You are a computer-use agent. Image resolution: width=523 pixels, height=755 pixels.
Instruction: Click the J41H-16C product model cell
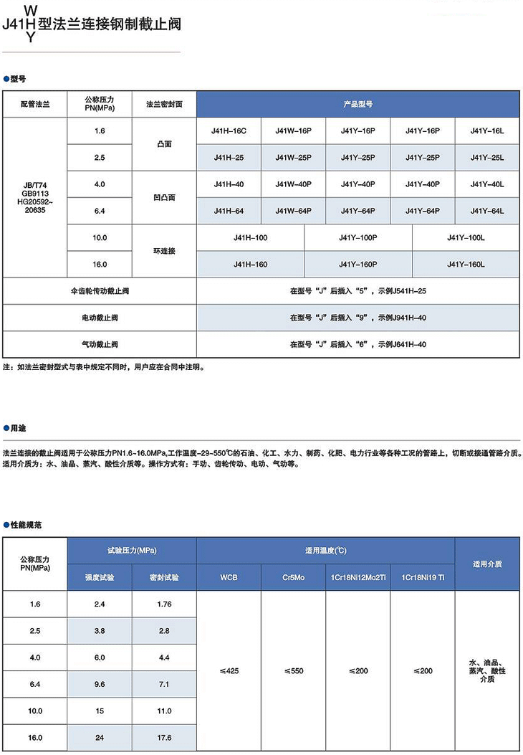(229, 131)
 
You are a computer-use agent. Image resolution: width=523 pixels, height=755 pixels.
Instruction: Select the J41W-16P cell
(294, 131)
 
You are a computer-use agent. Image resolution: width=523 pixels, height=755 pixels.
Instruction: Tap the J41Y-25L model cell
(487, 158)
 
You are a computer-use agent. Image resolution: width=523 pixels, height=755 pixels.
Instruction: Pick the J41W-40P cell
(294, 184)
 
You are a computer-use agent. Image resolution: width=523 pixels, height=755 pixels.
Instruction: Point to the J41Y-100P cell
(358, 237)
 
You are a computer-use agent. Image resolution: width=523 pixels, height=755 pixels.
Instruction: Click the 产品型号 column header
(358, 104)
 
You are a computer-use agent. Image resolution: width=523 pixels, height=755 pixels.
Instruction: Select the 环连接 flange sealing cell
(164, 251)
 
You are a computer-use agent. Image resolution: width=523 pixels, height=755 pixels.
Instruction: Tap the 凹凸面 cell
(164, 197)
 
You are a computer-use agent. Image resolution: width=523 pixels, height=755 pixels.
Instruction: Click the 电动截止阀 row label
(100, 317)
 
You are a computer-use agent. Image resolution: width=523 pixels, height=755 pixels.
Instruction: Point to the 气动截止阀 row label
(100, 344)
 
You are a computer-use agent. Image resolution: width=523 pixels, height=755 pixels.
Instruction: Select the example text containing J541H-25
(358, 291)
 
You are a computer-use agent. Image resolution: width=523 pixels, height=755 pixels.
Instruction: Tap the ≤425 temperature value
(229, 670)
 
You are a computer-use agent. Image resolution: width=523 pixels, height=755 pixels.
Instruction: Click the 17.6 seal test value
(164, 737)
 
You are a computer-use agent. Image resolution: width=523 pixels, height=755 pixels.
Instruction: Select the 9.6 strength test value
(100, 684)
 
